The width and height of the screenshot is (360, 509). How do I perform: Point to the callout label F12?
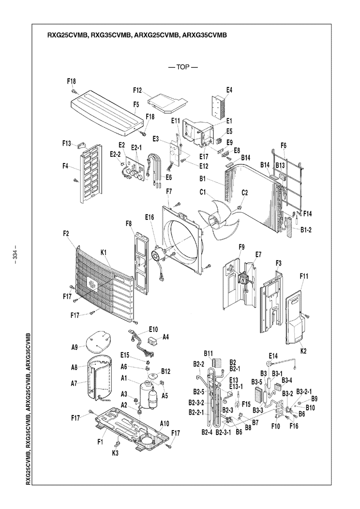[137, 90]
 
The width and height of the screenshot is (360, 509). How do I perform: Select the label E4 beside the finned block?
[229, 90]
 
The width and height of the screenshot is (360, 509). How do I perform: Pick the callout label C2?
[244, 192]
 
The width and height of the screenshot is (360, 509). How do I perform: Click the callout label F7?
[169, 191]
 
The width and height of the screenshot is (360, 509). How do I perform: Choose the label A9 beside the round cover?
[75, 347]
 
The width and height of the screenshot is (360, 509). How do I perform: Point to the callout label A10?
[165, 423]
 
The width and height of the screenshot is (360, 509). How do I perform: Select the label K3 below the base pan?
[115, 452]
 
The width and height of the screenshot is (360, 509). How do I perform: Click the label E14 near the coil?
[273, 356]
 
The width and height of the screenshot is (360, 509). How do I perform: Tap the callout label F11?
[304, 276]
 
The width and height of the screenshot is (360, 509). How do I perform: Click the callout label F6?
[283, 145]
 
